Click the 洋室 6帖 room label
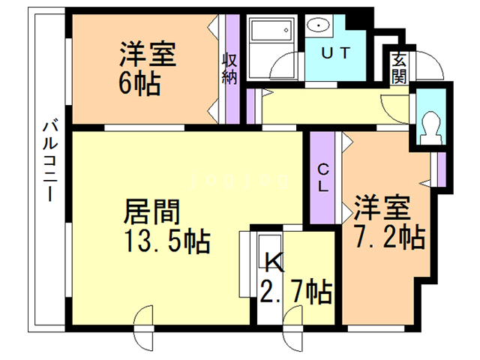[147, 68]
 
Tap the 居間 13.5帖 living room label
[167, 226]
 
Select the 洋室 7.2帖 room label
[389, 221]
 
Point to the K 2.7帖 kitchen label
[295, 278]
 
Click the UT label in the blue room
[335, 52]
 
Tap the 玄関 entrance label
[400, 67]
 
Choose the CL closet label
[323, 178]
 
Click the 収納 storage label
[229, 68]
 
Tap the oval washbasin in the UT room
[318, 25]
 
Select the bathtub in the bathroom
[271, 30]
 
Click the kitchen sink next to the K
[269, 248]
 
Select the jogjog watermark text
[238, 180]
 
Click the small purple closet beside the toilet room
[441, 169]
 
